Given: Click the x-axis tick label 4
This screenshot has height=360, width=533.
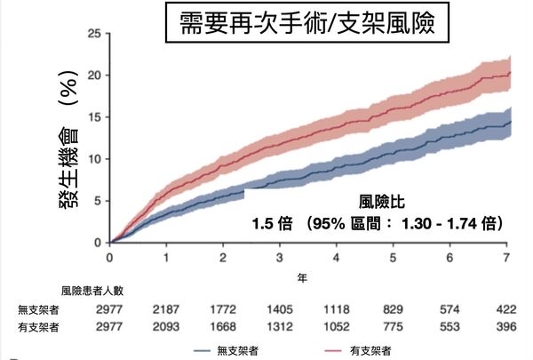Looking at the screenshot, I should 337,258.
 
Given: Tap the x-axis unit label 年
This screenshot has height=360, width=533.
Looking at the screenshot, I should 301,277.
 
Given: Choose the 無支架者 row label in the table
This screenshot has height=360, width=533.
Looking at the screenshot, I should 39,309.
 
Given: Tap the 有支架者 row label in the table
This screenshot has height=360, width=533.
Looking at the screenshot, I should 39,326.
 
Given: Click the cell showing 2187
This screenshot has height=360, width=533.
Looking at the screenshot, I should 165,309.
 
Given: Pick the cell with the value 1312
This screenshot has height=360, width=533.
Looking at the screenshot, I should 279,326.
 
